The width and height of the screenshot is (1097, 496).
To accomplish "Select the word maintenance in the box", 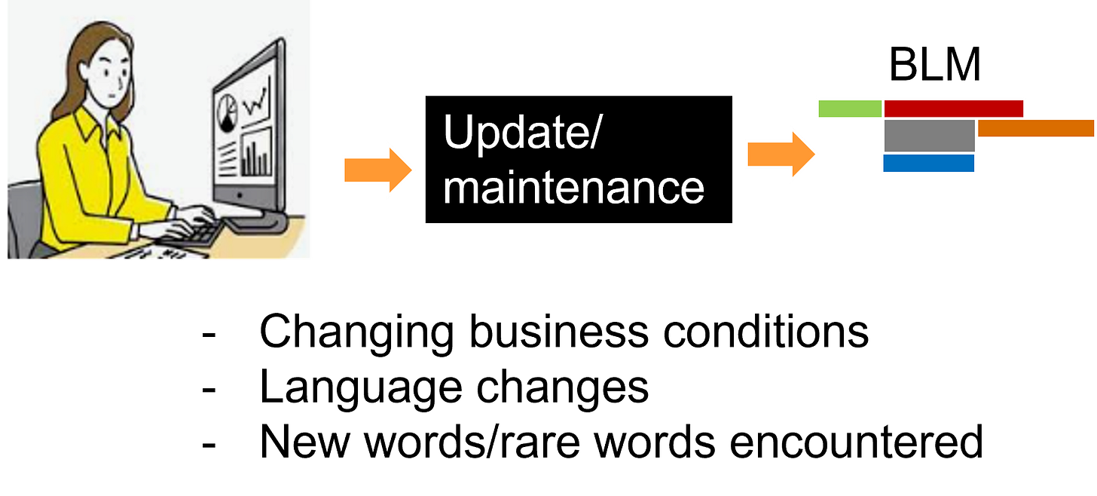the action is click(573, 187).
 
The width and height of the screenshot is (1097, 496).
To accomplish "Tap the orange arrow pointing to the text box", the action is click(377, 170).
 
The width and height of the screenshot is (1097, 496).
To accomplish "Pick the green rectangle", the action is click(850, 109).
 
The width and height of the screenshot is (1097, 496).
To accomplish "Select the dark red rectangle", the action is click(953, 109).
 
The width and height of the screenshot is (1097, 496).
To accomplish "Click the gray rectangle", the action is click(929, 136).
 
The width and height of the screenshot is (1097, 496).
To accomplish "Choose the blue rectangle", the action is click(928, 164).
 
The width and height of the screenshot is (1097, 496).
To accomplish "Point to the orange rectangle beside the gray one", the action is click(1035, 129).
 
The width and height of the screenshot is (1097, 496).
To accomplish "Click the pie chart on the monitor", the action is click(226, 112).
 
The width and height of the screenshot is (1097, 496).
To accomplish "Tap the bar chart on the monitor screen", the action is click(256, 155).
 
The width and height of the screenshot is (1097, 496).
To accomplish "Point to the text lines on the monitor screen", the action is click(226, 158).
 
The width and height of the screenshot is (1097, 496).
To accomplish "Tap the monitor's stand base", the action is click(256, 222).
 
